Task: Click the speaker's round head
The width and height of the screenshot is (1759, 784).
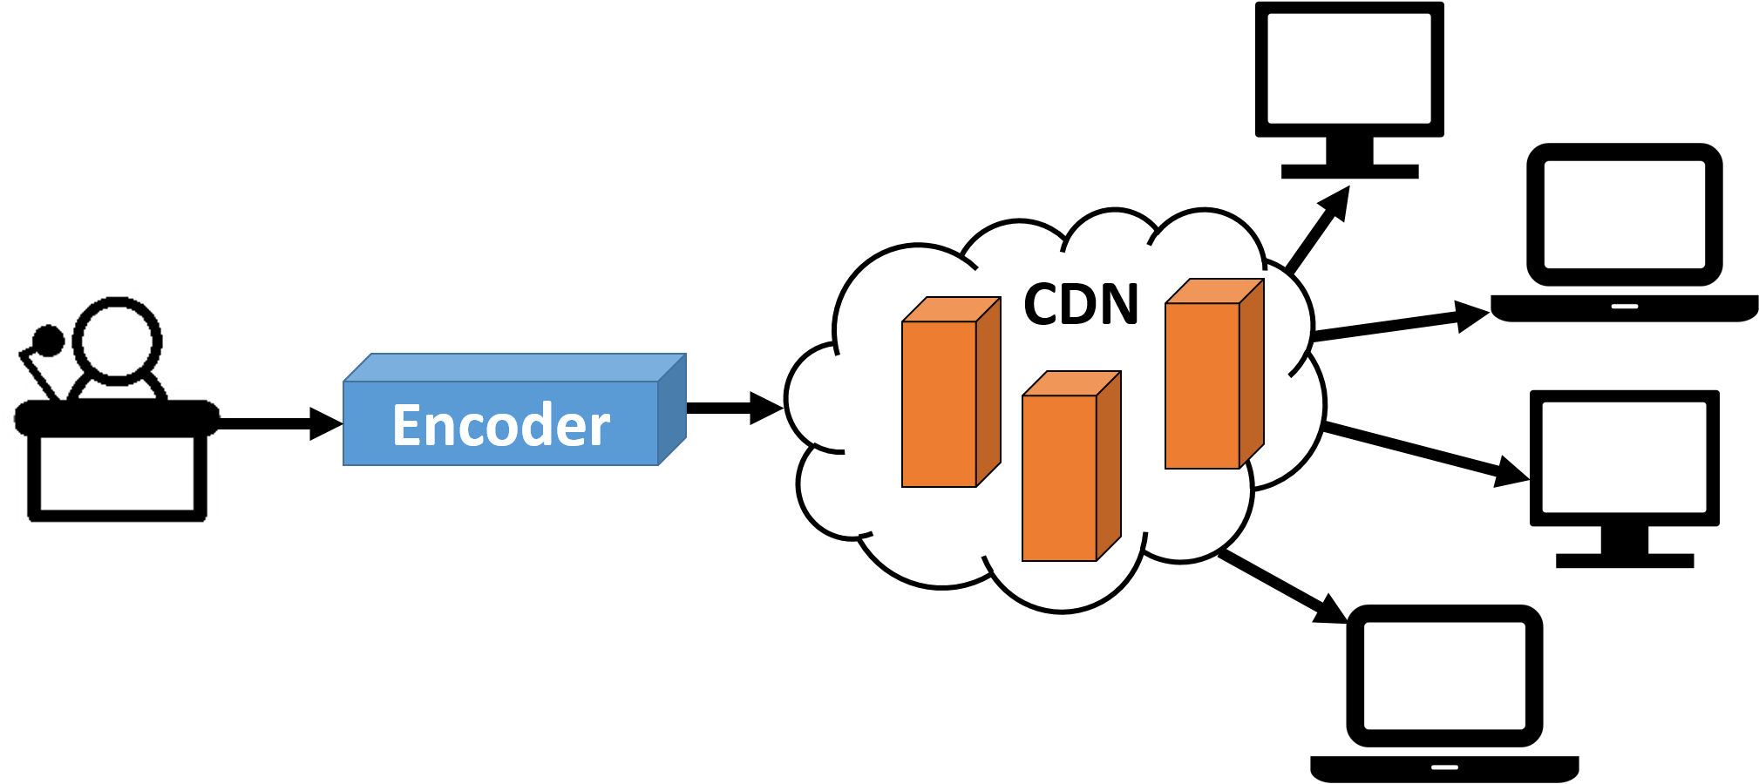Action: tap(118, 340)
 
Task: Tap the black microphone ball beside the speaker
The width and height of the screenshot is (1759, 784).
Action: tap(47, 340)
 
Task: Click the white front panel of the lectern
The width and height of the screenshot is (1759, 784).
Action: tap(117, 473)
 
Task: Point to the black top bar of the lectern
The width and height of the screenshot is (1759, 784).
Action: tap(117, 416)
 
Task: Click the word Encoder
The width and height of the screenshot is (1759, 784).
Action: tap(501, 425)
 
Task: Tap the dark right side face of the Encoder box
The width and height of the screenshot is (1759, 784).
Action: tap(672, 409)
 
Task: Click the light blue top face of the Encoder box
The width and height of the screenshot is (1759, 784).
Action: tap(514, 367)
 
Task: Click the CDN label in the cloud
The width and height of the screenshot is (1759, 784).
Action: tap(1081, 305)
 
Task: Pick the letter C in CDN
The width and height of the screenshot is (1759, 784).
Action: tap(1042, 305)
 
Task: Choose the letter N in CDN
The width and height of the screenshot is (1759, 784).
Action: tap(1119, 305)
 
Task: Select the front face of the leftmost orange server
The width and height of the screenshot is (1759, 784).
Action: tap(939, 404)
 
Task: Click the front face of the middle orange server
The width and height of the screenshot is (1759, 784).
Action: tap(1059, 478)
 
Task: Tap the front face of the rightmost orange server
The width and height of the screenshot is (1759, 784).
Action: tap(1202, 386)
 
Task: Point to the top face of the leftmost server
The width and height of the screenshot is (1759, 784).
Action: tap(951, 309)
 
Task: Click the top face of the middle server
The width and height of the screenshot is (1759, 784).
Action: tap(1071, 383)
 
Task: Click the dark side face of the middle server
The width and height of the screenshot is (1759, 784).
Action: tap(1109, 466)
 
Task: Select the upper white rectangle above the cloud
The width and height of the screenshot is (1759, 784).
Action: tap(1348, 68)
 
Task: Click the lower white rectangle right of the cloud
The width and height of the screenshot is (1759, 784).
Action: tap(1624, 457)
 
